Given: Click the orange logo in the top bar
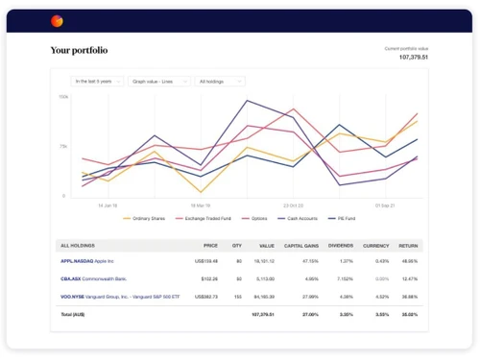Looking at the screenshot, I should (57, 20).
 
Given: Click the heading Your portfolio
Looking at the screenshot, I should (79, 50).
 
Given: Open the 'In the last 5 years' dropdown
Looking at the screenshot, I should (98, 82).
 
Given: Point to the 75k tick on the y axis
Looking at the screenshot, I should (63, 146).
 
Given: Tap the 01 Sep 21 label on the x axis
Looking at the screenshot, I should (384, 204).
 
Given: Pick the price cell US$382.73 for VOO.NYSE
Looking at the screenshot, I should (205, 297).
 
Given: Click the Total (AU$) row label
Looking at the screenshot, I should (74, 314).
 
